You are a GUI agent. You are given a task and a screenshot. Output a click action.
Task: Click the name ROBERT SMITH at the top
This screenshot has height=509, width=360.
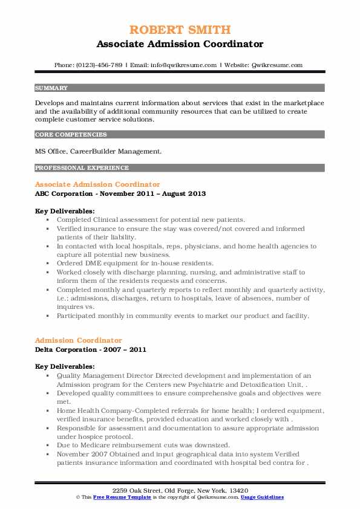pos(180,30)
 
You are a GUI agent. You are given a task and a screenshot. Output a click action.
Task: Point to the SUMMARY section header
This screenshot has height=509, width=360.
pos(52,88)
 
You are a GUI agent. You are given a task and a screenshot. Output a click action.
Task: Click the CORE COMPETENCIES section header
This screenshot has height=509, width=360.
pos(71,135)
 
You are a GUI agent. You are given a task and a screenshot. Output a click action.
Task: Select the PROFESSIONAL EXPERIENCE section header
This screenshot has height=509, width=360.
pos(81,167)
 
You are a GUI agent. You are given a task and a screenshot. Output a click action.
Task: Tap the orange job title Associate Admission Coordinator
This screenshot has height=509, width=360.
pos(97,184)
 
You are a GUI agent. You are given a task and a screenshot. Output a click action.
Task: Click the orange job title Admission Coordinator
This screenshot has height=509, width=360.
pos(79,340)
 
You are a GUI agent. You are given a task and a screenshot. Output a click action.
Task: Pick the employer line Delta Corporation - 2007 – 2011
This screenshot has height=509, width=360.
pos(91,349)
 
